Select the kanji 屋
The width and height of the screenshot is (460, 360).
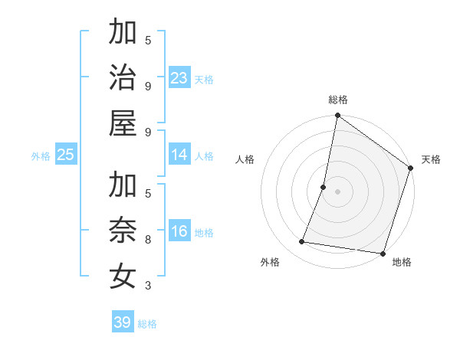(123, 123)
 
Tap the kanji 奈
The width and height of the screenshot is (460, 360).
(123, 231)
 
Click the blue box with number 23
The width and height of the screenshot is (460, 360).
(179, 77)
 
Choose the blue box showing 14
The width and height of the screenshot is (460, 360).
(179, 155)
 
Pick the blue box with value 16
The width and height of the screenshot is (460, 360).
(179, 232)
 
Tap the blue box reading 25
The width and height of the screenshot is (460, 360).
(66, 155)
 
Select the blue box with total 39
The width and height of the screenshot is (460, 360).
(123, 322)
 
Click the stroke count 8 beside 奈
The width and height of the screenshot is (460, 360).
(148, 240)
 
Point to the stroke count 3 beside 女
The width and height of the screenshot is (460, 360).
(148, 286)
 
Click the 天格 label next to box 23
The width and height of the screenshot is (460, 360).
(204, 80)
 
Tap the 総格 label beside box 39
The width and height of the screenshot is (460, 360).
(147, 324)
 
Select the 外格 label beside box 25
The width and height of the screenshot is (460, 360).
(41, 156)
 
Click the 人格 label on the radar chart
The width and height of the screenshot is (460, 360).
(245, 159)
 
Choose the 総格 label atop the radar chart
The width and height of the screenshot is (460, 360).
(338, 100)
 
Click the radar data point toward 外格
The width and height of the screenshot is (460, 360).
(302, 242)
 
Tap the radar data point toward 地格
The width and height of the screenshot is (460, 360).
(382, 253)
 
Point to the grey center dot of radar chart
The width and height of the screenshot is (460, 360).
(338, 191)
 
